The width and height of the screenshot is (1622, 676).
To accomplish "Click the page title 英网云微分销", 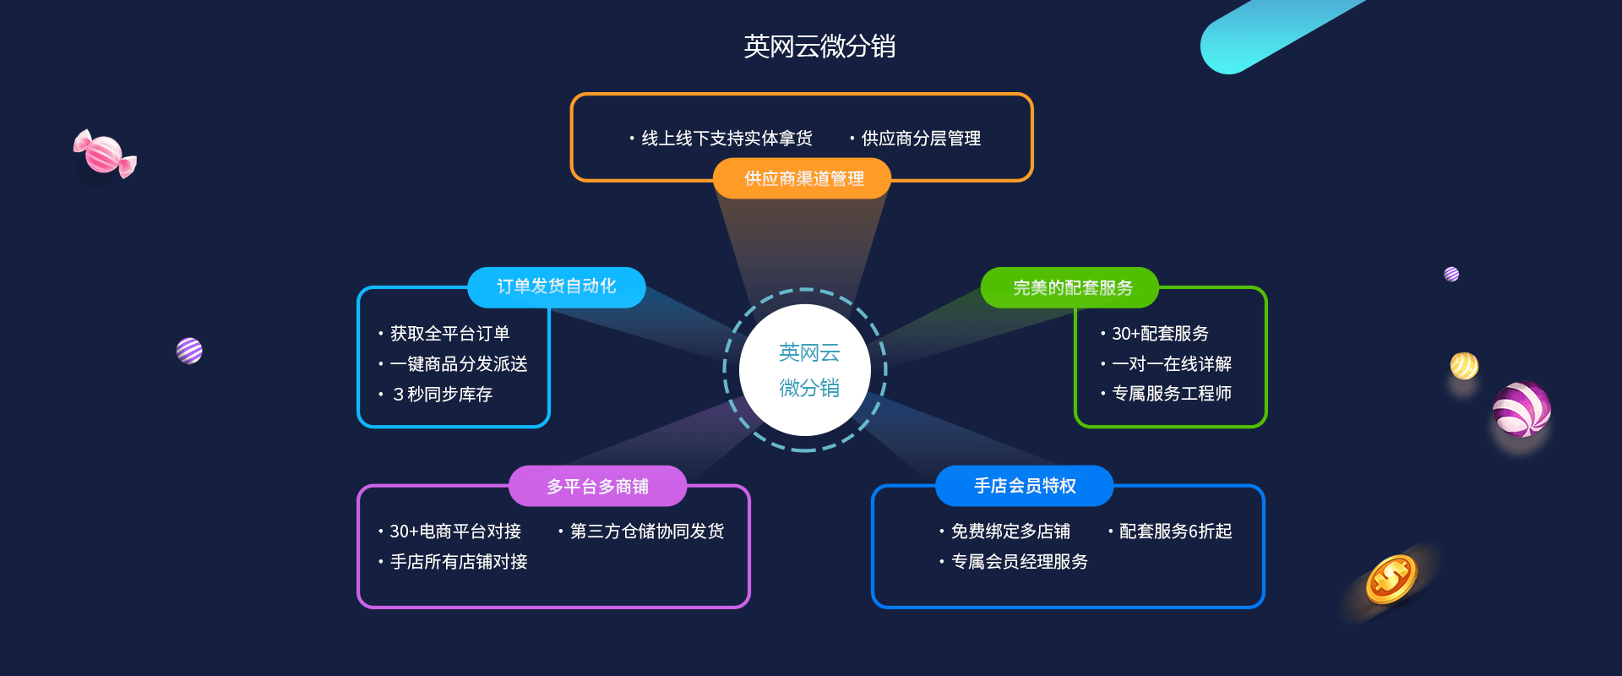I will click(x=819, y=46).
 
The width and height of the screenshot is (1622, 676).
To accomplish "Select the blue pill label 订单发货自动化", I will click(x=556, y=287).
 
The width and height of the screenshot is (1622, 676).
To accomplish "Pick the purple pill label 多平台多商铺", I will click(x=597, y=487).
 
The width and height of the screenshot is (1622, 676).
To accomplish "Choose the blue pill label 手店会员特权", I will click(x=1024, y=486).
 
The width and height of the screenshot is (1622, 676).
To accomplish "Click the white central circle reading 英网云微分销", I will click(x=806, y=370).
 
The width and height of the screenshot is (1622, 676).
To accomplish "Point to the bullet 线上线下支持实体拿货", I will click(x=726, y=139).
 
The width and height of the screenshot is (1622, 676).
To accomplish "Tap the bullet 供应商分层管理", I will click(x=920, y=139).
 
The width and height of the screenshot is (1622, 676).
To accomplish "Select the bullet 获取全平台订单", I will click(x=449, y=334).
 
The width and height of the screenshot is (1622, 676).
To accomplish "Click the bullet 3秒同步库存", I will click(x=442, y=395).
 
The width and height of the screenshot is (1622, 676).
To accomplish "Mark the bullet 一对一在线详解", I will click(x=1171, y=364).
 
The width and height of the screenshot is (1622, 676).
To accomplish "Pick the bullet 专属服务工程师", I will click(x=1171, y=394).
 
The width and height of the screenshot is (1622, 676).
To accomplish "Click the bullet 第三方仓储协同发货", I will click(x=646, y=532).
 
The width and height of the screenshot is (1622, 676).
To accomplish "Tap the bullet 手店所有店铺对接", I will click(x=458, y=562).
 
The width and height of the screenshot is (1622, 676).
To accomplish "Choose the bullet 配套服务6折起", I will click(x=1174, y=532).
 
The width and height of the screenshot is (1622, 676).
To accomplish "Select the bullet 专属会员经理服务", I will click(x=1019, y=562).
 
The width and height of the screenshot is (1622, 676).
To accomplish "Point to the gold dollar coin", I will click(x=1391, y=579).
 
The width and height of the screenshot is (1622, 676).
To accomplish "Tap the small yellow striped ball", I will click(x=1463, y=366).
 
